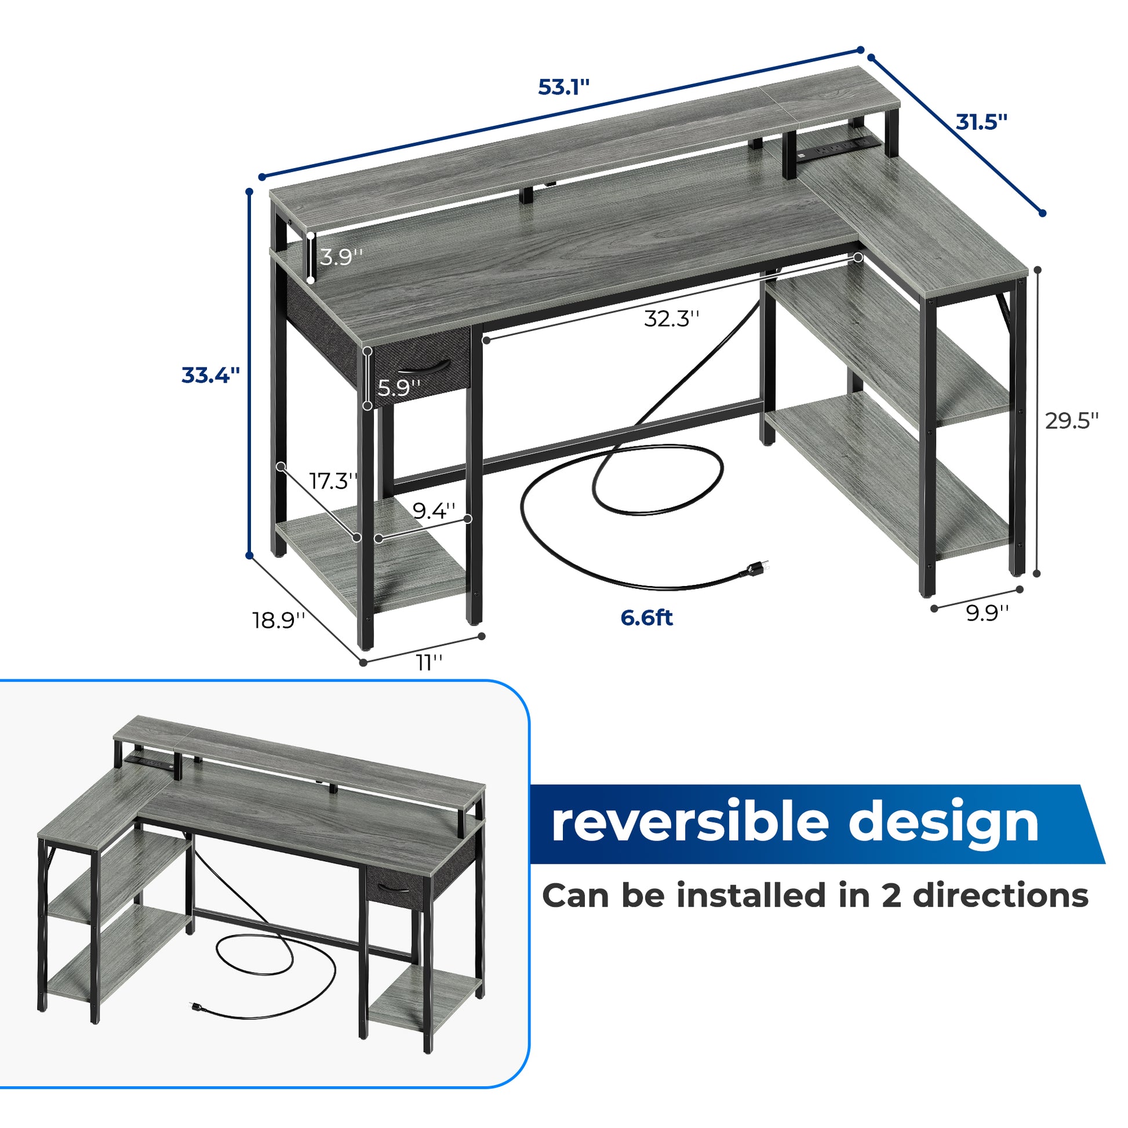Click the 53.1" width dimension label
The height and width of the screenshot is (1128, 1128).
point(563,88)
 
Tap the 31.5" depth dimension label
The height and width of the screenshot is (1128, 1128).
point(981,123)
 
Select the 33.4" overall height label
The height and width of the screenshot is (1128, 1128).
point(211,375)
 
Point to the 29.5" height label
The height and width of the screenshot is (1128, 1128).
point(1072,420)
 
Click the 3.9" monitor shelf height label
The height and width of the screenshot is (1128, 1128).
point(341,257)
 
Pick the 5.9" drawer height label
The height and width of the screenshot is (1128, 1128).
point(399,387)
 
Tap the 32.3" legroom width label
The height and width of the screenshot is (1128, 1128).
point(671,319)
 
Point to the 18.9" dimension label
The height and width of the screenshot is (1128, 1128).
point(279,620)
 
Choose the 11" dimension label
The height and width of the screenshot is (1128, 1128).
point(429,663)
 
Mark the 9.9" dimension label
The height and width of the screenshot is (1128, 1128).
point(987,613)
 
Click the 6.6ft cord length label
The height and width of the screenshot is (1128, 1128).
point(646,618)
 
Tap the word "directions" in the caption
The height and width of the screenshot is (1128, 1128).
point(1000,896)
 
